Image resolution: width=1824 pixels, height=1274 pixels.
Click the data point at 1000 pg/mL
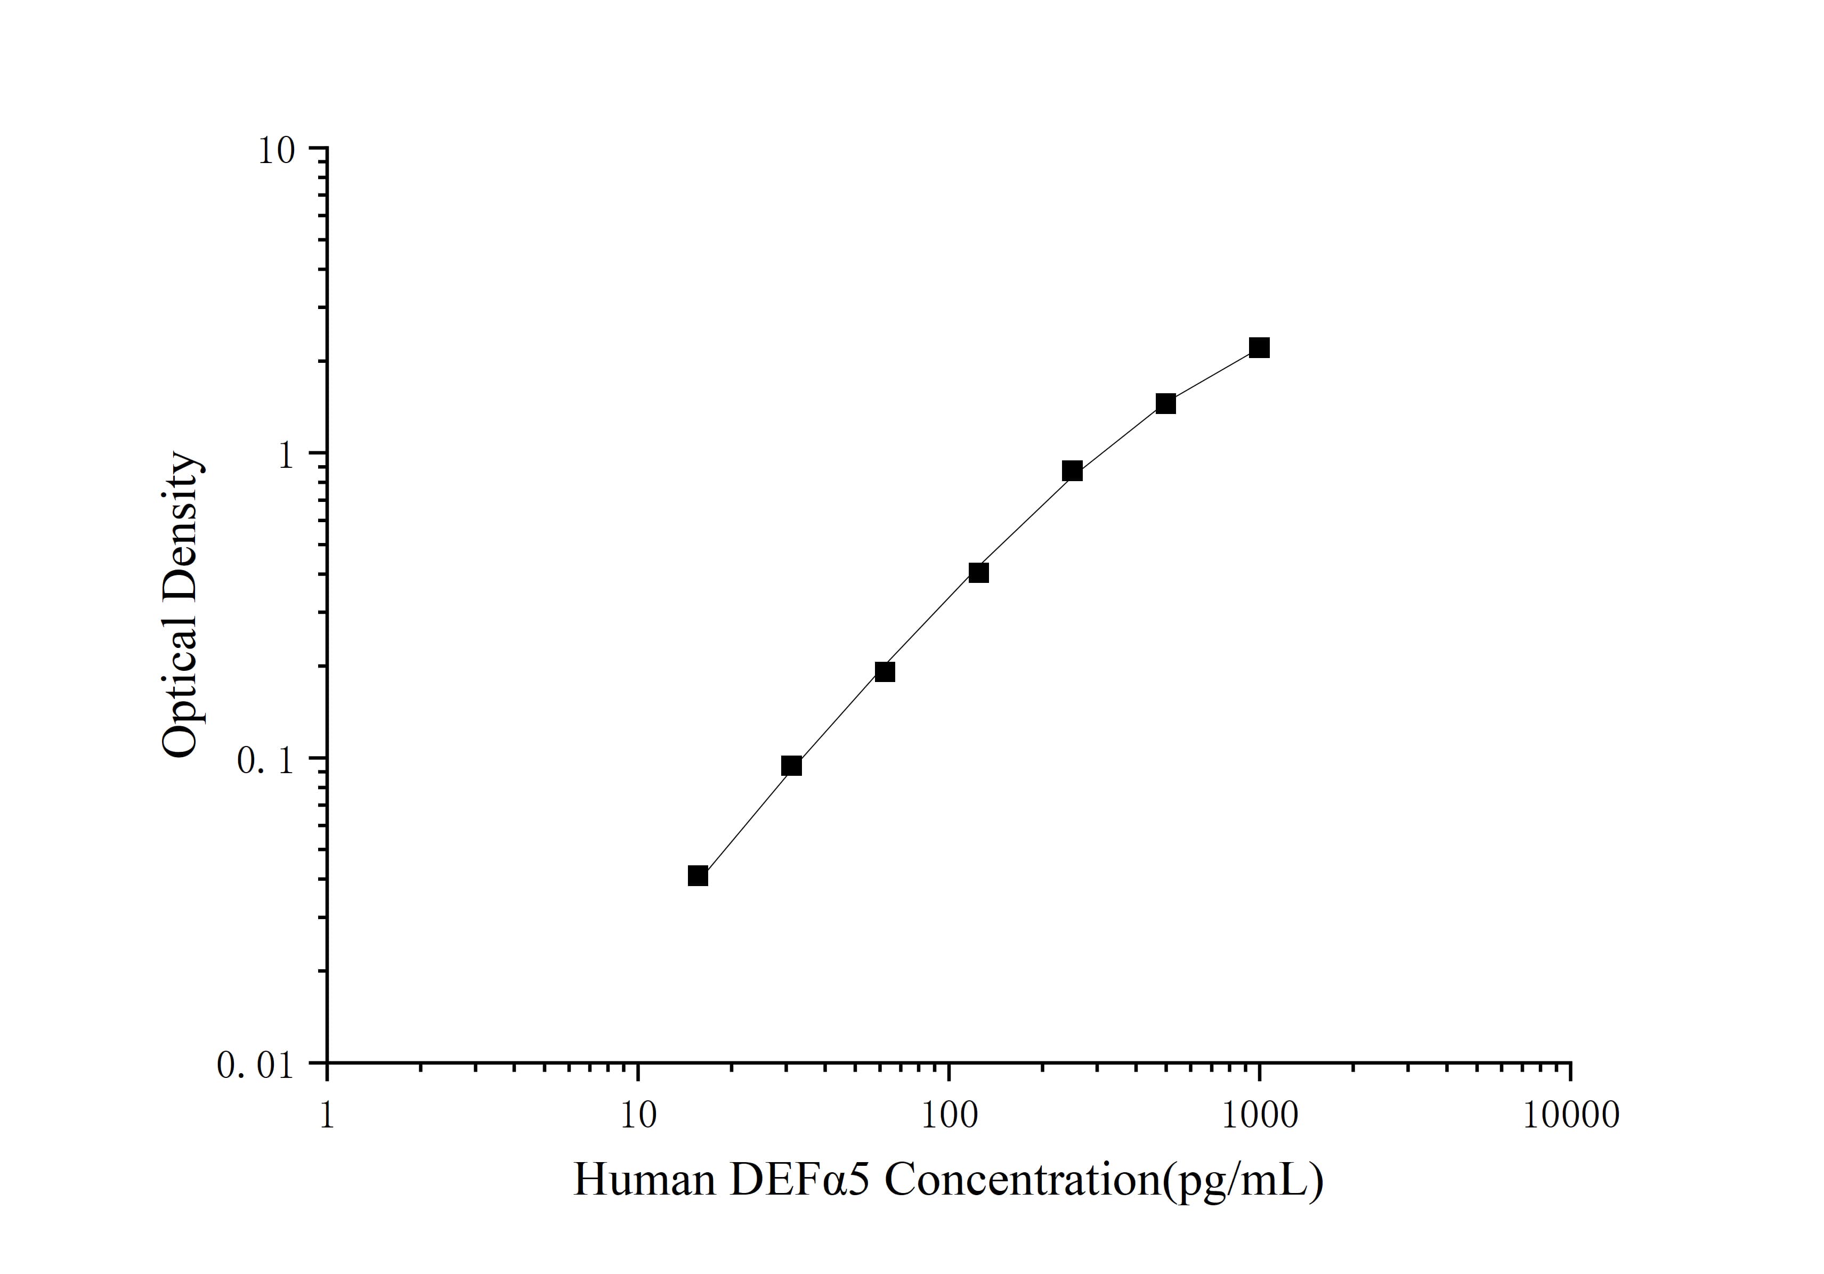pos(1259,348)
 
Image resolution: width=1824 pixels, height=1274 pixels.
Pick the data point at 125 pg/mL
pos(979,573)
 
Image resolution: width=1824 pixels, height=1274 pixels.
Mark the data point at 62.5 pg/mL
pos(885,672)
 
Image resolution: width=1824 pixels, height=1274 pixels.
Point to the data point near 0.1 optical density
pos(791,766)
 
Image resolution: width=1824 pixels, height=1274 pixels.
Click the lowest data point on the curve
pos(698,876)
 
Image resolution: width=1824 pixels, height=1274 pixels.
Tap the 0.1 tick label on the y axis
pos(265,761)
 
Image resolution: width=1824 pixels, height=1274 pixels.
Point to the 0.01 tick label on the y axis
pos(255,1066)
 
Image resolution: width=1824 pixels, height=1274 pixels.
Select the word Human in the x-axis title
pos(644,1180)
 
